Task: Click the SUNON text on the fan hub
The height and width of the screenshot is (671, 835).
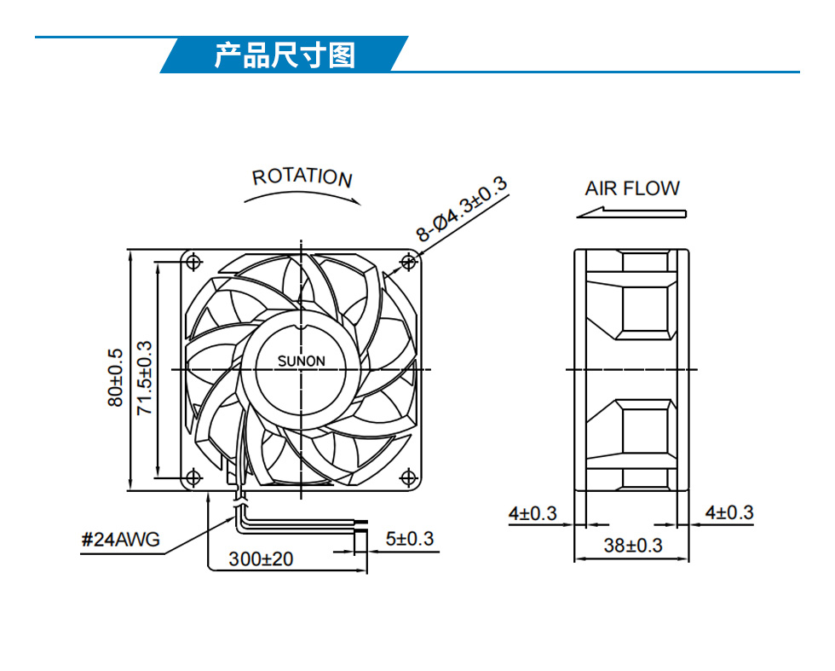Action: [x=301, y=362]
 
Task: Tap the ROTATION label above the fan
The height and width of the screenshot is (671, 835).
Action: [x=302, y=177]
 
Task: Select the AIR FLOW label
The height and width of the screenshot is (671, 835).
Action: [x=632, y=188]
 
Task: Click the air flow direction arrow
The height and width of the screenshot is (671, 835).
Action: [x=631, y=212]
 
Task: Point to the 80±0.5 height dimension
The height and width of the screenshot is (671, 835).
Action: [x=116, y=378]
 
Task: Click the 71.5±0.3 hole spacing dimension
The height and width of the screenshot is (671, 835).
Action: [x=144, y=378]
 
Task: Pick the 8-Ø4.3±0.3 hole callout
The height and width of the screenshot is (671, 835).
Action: [x=461, y=209]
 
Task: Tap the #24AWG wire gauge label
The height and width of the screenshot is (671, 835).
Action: [x=120, y=540]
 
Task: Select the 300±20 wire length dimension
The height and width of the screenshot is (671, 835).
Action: [x=261, y=559]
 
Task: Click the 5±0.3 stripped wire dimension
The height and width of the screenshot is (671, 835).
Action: [x=410, y=539]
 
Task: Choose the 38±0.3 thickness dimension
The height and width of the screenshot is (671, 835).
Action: [x=632, y=545]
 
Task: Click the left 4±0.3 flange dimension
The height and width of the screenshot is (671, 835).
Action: [x=532, y=513]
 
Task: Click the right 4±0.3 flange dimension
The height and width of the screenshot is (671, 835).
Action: [x=729, y=512]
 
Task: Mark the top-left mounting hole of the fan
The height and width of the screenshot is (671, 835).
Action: [x=193, y=263]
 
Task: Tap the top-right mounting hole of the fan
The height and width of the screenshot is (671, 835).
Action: [x=408, y=263]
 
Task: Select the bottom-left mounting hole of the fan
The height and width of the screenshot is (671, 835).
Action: [x=193, y=477]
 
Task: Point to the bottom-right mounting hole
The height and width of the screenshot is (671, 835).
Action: [x=408, y=477]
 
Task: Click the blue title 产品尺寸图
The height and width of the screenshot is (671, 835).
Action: [x=285, y=55]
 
